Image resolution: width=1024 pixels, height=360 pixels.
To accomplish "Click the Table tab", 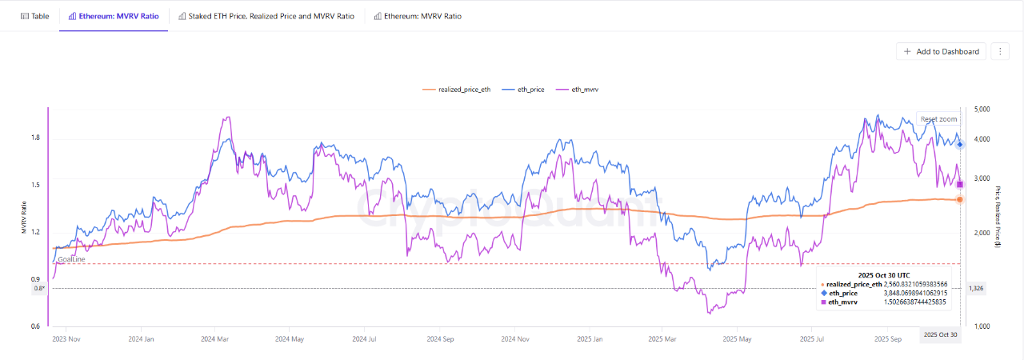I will pos(34,16).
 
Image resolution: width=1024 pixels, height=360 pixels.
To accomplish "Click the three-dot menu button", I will pos(1000,51).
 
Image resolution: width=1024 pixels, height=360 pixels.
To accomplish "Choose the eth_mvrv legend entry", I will pos(580,90).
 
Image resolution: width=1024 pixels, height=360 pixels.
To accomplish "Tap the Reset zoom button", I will pos(938,119).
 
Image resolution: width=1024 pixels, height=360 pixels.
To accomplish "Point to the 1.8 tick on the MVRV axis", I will pos(35,138).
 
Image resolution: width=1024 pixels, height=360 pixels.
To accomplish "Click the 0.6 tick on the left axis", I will pos(35,326).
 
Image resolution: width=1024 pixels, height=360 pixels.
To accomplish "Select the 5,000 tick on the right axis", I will pos(979,109).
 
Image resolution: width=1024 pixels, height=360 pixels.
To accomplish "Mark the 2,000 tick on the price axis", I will pos(979,233).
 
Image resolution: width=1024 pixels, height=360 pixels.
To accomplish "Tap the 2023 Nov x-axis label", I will pos(66,339).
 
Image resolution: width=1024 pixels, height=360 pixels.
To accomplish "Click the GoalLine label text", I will pos(71,259).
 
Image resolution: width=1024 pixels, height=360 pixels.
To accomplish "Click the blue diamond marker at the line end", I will pos(960,144).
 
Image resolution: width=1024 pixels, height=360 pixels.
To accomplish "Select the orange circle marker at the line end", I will pos(960,199).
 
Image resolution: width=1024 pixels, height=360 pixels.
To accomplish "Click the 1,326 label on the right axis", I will pos(977,288).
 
